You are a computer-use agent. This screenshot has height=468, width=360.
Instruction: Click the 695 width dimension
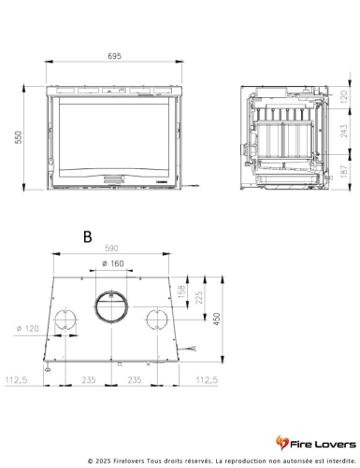112,57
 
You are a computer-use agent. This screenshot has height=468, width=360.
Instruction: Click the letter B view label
86,237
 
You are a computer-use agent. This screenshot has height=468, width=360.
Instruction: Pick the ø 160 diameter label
112,264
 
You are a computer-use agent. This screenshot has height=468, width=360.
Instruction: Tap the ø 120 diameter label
28,329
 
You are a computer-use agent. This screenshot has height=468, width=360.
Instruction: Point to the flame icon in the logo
284,441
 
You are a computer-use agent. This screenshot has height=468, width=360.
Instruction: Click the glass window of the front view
111,134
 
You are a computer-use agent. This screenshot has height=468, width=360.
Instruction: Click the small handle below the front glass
111,177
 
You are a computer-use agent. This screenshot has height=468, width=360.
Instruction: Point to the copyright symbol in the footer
91,461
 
